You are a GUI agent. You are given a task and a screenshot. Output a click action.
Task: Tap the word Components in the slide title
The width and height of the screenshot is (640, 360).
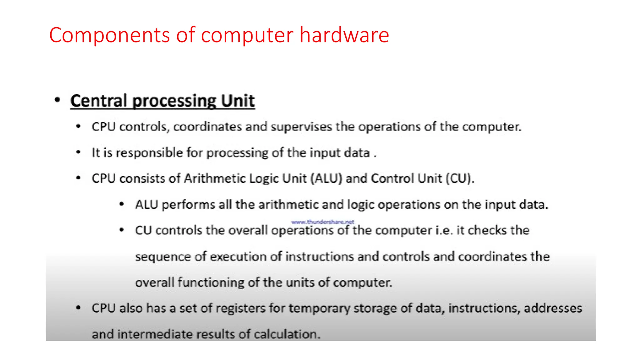109,35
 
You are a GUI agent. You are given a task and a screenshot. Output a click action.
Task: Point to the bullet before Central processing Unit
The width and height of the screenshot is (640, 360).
57,100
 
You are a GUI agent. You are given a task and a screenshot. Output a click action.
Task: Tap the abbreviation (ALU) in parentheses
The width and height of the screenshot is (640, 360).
327,178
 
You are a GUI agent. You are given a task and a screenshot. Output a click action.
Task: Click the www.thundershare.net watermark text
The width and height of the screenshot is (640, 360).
322,222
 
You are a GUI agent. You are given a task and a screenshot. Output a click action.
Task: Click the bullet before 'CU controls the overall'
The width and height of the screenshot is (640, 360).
122,230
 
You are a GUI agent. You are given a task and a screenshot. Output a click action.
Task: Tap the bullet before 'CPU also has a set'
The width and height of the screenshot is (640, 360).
78,308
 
